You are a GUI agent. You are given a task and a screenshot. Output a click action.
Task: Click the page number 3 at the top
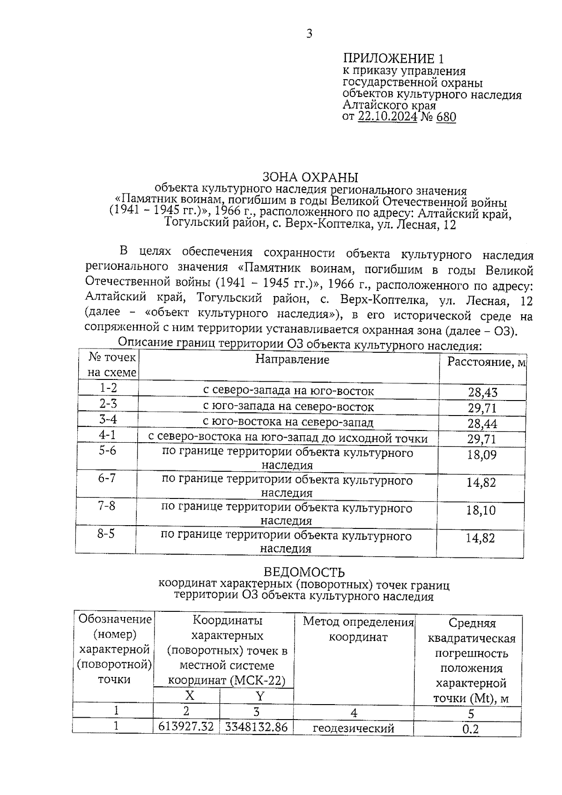[x=309, y=34]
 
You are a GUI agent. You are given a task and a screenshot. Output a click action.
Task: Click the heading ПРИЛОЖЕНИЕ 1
[x=393, y=59]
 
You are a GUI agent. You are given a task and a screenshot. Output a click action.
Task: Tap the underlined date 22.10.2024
[x=387, y=117]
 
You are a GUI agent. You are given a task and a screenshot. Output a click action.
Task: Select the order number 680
[x=446, y=117]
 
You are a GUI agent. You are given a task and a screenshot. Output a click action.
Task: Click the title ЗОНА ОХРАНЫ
[x=310, y=178]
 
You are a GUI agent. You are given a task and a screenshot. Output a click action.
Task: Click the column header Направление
[x=292, y=360]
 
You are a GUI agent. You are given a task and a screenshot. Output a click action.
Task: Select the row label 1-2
[x=108, y=388]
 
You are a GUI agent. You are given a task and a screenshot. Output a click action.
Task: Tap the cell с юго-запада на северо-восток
[x=288, y=407]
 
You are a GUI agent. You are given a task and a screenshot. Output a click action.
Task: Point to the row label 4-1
[x=107, y=436]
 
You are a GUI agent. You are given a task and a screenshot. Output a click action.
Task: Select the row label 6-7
[x=107, y=478]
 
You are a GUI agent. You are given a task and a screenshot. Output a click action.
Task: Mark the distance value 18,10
[x=481, y=511]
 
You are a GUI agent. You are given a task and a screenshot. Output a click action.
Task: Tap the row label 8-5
[x=106, y=534]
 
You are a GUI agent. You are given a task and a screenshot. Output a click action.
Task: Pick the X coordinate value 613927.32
[x=186, y=727]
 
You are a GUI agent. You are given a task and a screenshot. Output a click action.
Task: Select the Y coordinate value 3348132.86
[x=256, y=727]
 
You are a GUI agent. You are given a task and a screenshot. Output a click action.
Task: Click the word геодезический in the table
[x=354, y=728]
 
